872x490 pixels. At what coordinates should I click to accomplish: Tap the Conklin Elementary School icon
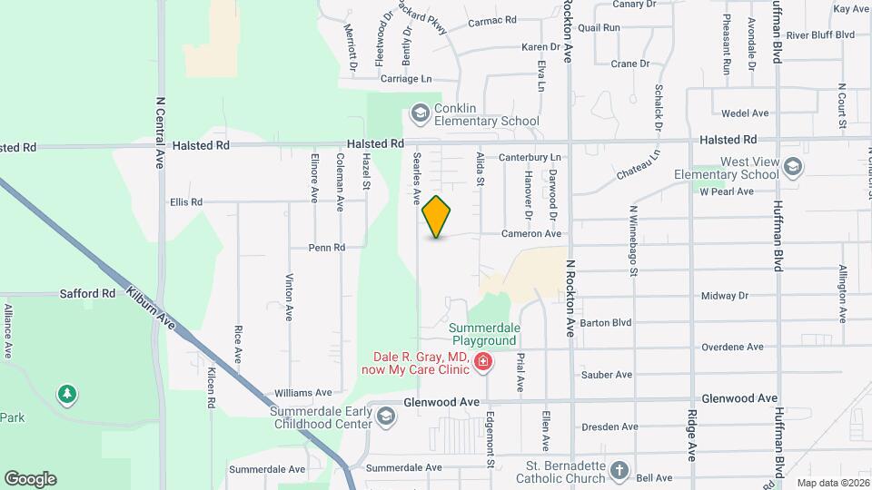point(420,113)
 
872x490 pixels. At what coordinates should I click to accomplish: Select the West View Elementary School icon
point(793,166)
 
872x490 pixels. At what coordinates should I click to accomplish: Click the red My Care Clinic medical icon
point(482,363)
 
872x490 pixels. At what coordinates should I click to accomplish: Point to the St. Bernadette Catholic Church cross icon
point(619,471)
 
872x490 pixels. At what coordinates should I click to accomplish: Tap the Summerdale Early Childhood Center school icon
point(385,416)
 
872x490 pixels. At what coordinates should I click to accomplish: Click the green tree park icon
point(66,394)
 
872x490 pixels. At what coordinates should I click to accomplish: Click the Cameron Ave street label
point(531,233)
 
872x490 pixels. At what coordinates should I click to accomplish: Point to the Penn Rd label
point(327,247)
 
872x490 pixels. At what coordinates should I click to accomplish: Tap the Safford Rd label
point(88,294)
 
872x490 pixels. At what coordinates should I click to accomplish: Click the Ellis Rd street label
point(185,201)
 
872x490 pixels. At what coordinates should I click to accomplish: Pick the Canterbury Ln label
point(530,158)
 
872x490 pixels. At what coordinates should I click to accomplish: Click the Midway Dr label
point(725,296)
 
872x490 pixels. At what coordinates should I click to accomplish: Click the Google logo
point(31,479)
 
